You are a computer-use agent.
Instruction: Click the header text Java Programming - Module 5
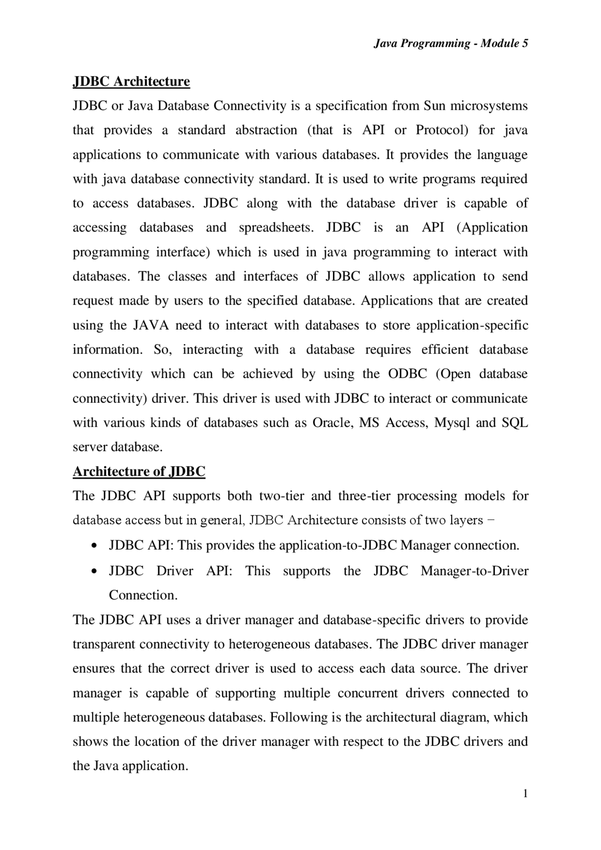tap(451, 44)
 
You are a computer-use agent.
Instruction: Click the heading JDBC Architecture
tap(131, 82)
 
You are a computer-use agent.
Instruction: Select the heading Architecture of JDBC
tap(139, 471)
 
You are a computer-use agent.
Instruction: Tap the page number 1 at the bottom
tap(525, 794)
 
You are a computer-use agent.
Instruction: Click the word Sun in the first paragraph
tap(434, 106)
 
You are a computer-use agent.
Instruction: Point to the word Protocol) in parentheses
tap(442, 130)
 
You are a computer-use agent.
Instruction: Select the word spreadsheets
tap(276, 228)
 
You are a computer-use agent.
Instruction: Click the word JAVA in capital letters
tap(151, 325)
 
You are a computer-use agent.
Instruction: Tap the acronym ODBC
tap(408, 374)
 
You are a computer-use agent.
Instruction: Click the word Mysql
tap(452, 423)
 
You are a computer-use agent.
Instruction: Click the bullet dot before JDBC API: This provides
tap(95, 546)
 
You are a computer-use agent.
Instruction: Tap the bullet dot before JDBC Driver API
tap(95, 572)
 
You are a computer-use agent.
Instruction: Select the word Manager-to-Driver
tap(474, 571)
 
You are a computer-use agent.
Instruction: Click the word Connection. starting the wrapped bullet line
tap(143, 596)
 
